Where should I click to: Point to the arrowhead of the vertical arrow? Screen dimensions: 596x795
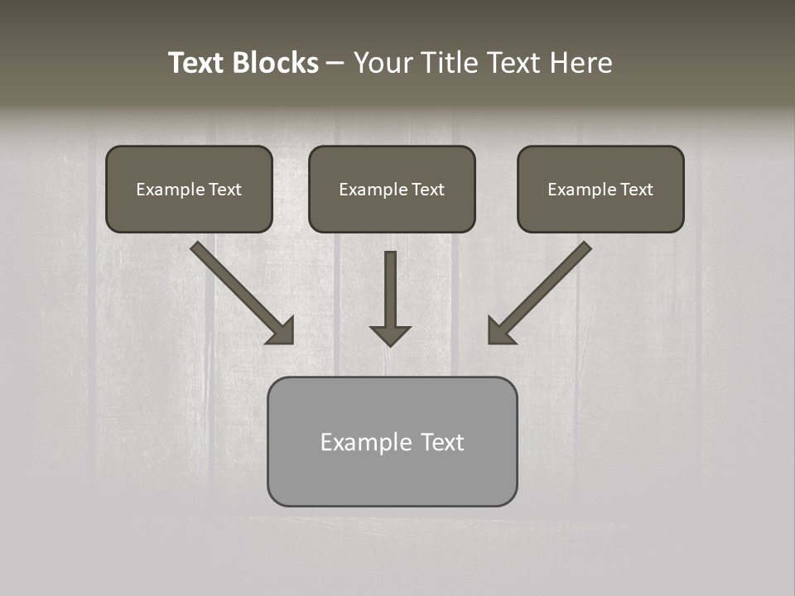(x=390, y=335)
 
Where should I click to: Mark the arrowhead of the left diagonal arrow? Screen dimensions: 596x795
(x=282, y=331)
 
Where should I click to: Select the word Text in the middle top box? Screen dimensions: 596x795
(x=427, y=190)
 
